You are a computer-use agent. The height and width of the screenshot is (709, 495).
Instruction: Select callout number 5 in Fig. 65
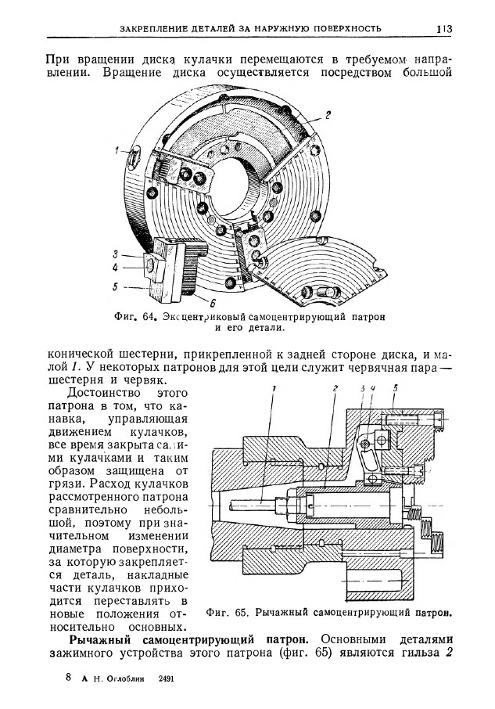coord(396,387)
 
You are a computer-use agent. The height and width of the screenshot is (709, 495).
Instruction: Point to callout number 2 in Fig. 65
coord(334,388)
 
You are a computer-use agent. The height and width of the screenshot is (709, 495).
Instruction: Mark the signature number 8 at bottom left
coord(68,679)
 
